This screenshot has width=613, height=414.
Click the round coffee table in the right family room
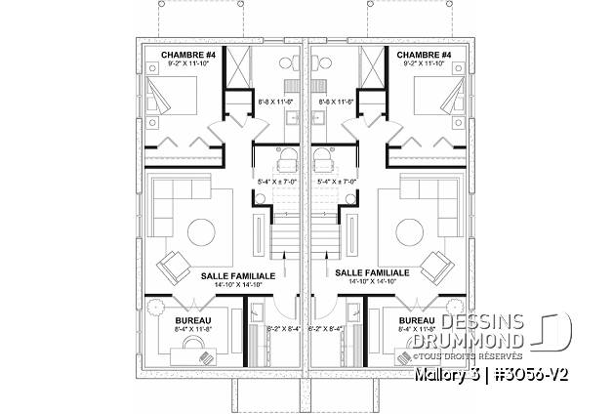click(x=411, y=231)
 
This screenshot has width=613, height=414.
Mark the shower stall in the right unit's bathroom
click(x=372, y=66)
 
